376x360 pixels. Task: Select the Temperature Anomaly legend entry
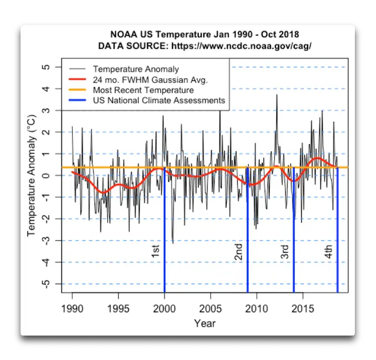click(x=136, y=69)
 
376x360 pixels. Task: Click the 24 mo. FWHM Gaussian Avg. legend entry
click(x=150, y=80)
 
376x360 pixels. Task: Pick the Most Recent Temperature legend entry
click(x=143, y=90)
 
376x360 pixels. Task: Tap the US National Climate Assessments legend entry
click(x=158, y=101)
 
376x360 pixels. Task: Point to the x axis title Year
click(x=204, y=323)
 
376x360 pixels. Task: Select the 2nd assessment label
click(x=238, y=252)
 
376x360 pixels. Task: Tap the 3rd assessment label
click(x=284, y=252)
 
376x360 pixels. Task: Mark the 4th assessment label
click(x=329, y=252)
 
